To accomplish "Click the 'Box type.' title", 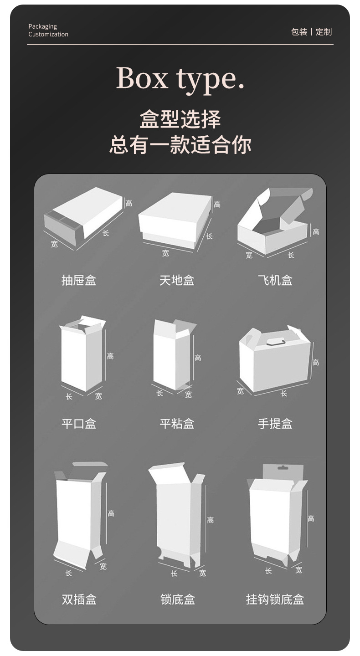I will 180,78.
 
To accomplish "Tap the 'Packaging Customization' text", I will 48,31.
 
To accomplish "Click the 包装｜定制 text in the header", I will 311,32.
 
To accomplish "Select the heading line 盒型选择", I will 180,119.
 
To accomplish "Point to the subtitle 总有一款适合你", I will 180,145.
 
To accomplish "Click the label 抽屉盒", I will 79,280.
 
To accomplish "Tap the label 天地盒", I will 177,280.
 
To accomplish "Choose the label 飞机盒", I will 275,280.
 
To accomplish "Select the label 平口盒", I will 79,424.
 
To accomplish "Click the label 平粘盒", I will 177,424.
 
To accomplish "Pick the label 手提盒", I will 275,424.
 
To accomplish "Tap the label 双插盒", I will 79,600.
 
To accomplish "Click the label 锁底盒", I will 177,600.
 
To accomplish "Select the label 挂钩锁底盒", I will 275,600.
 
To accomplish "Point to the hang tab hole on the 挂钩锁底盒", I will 283,467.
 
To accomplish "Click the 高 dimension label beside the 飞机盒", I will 316,232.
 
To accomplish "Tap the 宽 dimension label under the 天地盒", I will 165,253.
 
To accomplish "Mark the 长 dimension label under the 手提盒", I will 284,393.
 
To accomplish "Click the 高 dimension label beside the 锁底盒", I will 210,520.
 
